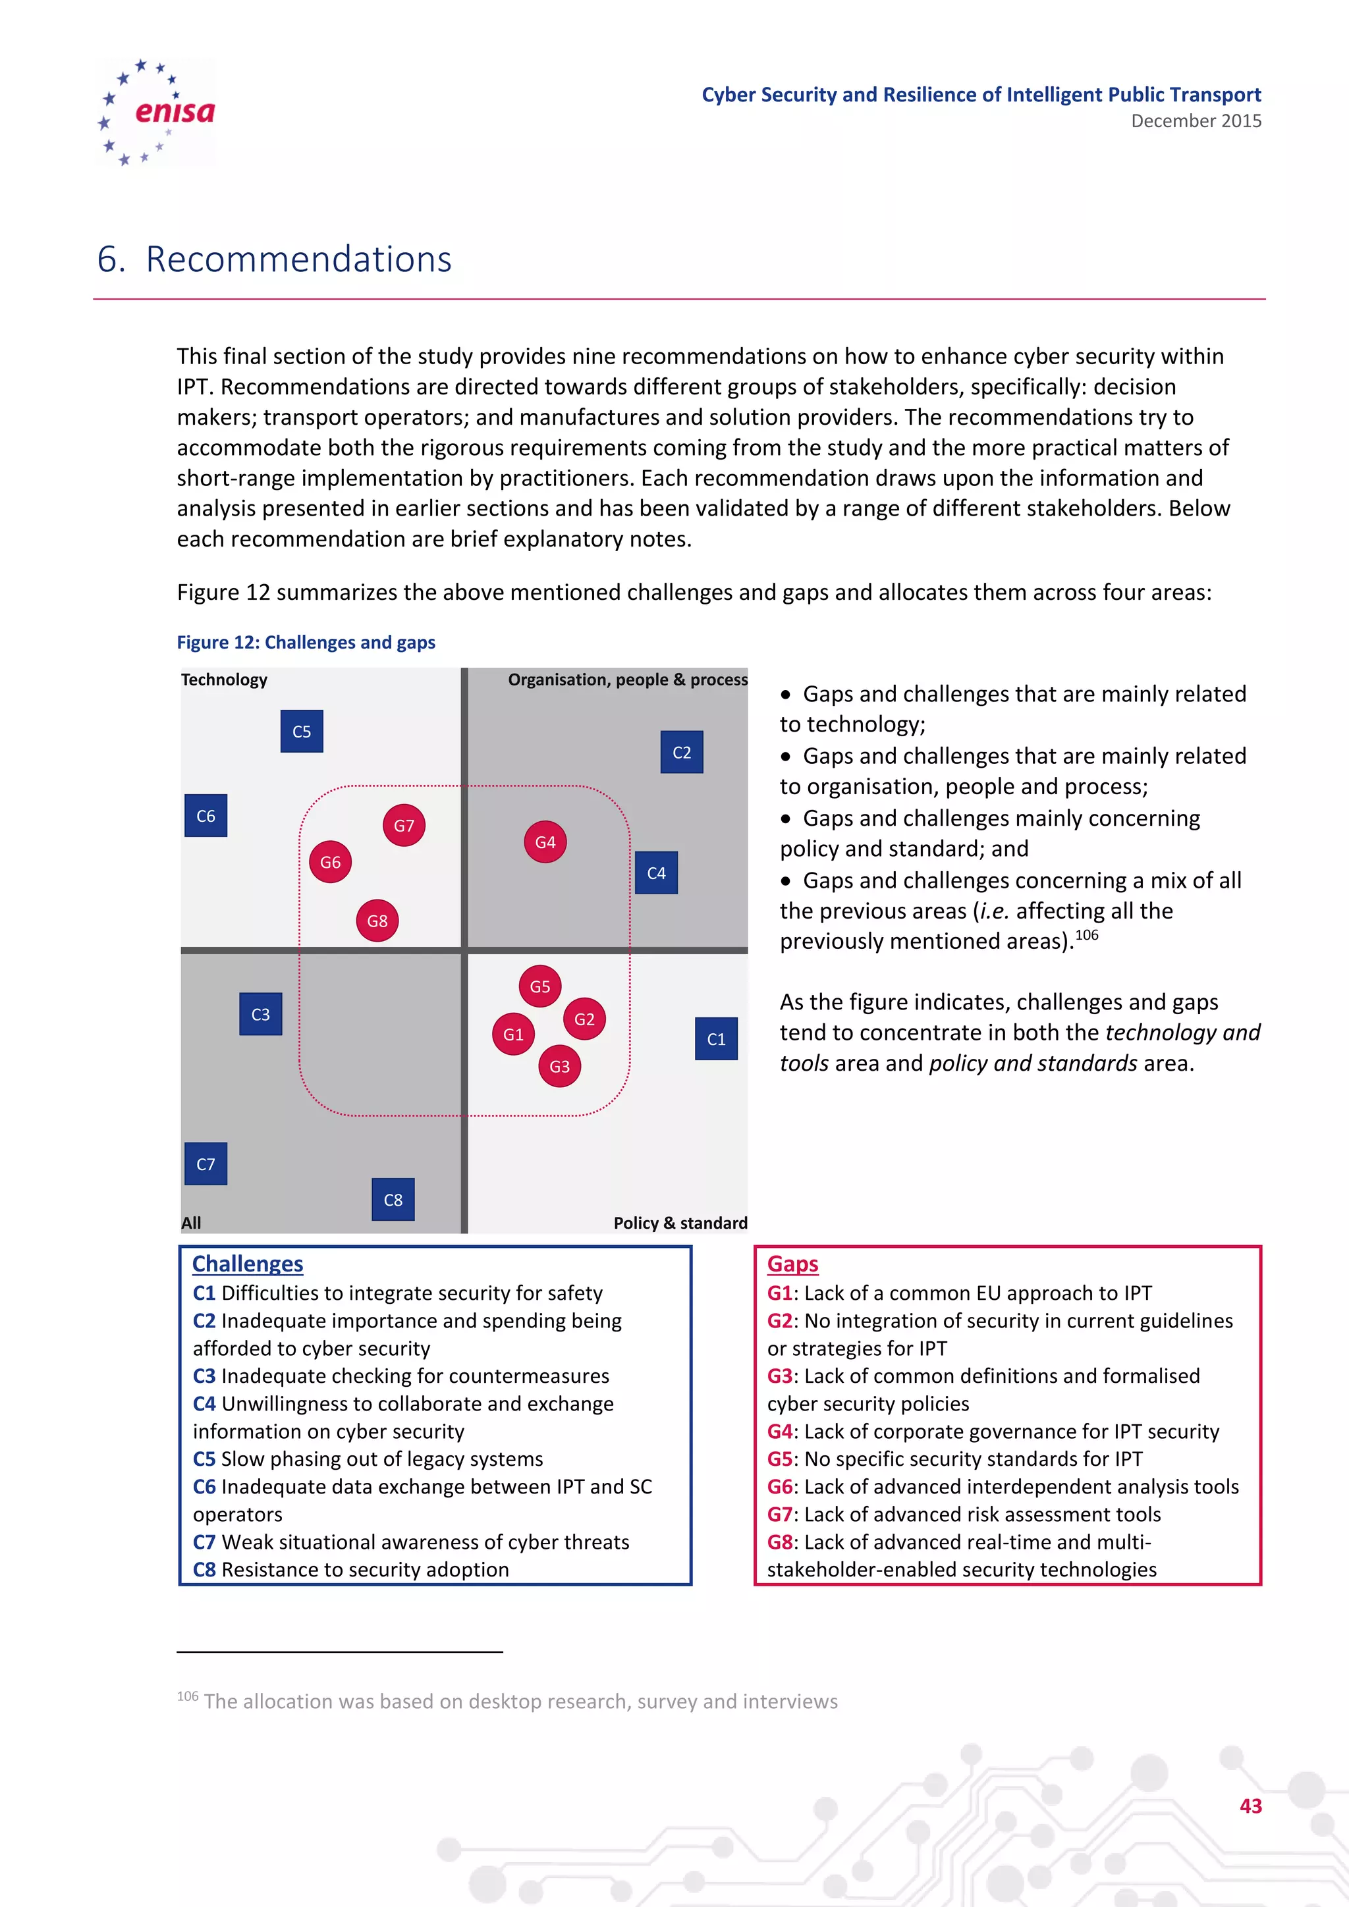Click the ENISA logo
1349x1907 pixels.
pos(156,112)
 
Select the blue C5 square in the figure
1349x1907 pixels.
pos(302,731)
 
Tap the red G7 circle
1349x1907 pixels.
pos(404,826)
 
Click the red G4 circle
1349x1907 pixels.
pos(545,842)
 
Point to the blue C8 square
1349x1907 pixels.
pos(393,1199)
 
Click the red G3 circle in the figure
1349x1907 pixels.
pos(559,1067)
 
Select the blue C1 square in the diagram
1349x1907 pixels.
pos(716,1039)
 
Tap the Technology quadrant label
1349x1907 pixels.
pos(224,680)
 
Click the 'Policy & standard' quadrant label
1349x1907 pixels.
pos(680,1223)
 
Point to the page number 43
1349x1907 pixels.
pos(1250,1806)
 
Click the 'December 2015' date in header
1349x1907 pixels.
pos(1196,121)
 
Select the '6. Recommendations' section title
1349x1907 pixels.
pos(274,259)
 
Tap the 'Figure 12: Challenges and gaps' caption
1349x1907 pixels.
pos(306,642)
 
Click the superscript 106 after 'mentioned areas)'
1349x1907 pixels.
pos(1086,935)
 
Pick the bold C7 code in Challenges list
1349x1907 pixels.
pos(204,1542)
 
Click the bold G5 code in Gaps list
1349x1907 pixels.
pos(779,1459)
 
